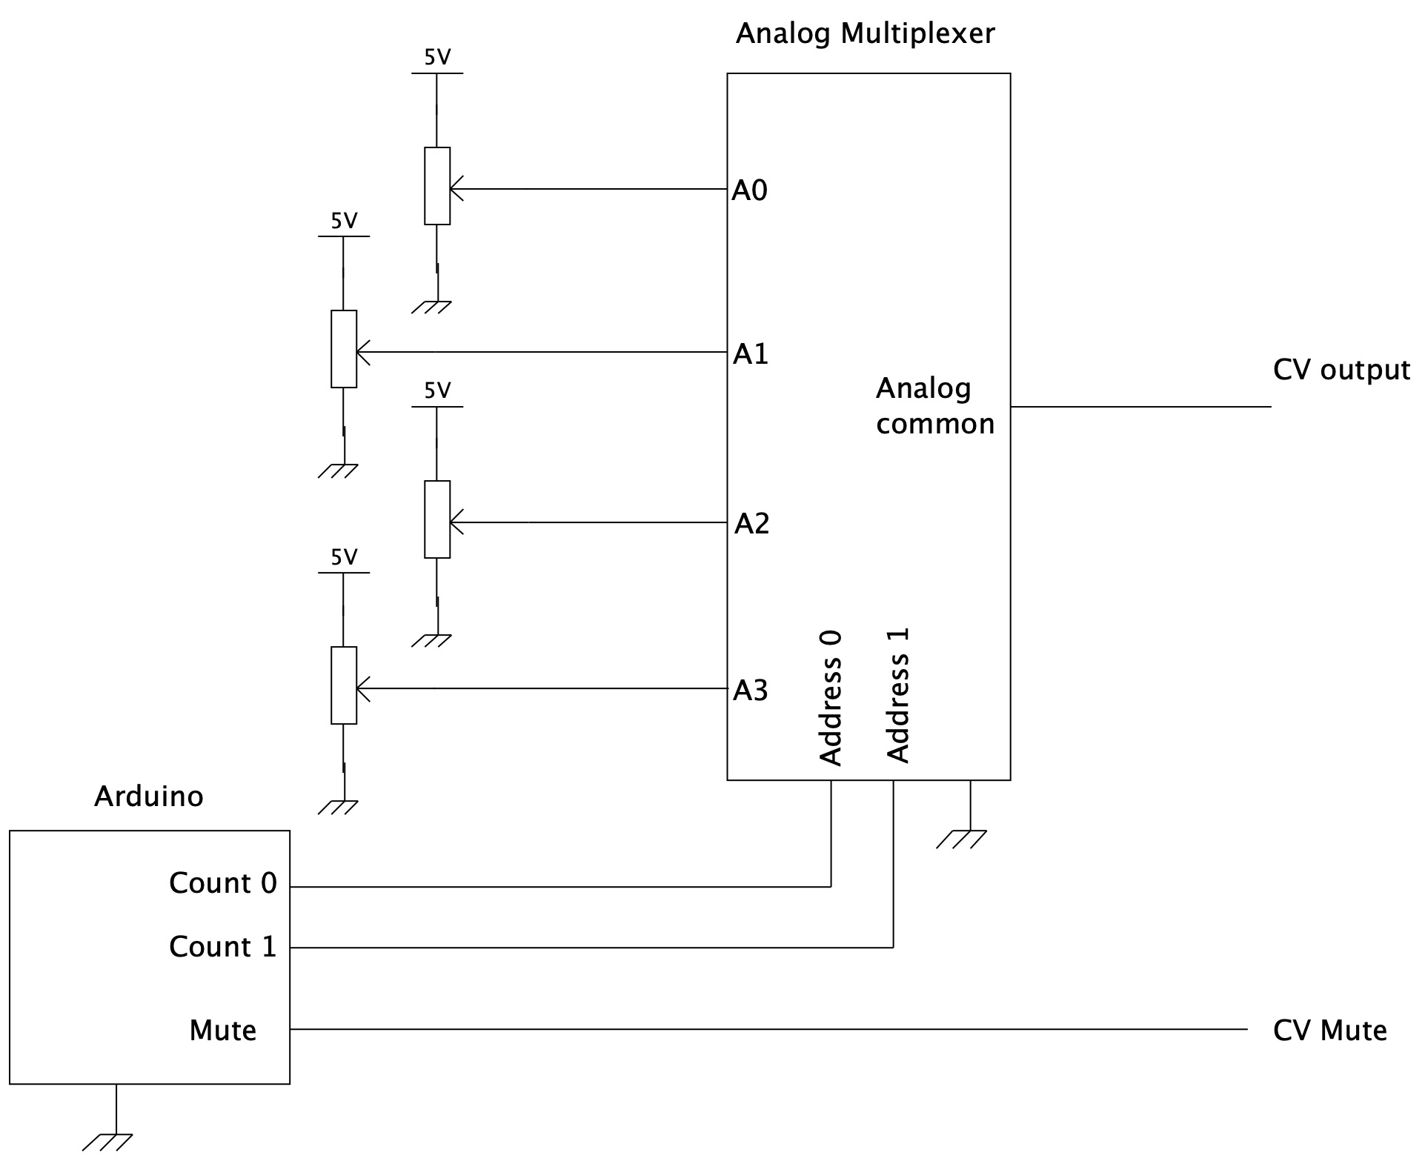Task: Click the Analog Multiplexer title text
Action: pyautogui.click(x=865, y=34)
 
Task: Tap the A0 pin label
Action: pyautogui.click(x=749, y=191)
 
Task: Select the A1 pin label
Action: pyautogui.click(x=750, y=355)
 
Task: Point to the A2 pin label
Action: pyautogui.click(x=751, y=524)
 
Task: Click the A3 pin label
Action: pyautogui.click(x=750, y=691)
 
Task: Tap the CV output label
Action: pyautogui.click(x=1341, y=370)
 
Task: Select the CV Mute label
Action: pyautogui.click(x=1329, y=1031)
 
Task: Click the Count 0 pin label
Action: pyautogui.click(x=222, y=883)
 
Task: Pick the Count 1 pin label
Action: pyautogui.click(x=222, y=947)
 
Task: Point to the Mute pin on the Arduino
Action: pyautogui.click(x=222, y=1031)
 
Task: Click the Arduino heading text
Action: pyautogui.click(x=148, y=796)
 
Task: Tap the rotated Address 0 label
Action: pyautogui.click(x=830, y=698)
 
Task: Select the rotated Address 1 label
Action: pyautogui.click(x=897, y=696)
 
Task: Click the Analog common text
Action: pyautogui.click(x=934, y=406)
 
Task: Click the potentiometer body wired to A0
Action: pyautogui.click(x=436, y=186)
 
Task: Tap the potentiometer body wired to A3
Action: pyautogui.click(x=343, y=685)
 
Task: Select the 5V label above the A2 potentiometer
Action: pyautogui.click(x=437, y=391)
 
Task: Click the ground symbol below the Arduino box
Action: pyautogui.click(x=108, y=1142)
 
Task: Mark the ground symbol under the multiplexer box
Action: pyautogui.click(x=962, y=839)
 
